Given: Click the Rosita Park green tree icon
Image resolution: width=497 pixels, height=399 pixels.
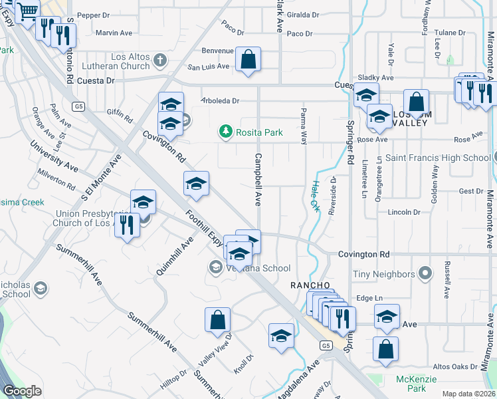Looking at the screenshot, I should click(x=227, y=132).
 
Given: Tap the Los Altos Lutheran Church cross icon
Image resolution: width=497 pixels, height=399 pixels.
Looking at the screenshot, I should click(x=159, y=61).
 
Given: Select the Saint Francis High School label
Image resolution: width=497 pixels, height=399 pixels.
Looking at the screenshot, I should click(x=438, y=158).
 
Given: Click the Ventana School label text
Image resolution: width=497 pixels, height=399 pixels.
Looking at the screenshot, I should click(x=258, y=268).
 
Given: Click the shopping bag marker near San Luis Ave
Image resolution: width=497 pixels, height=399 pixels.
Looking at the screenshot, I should click(x=248, y=59).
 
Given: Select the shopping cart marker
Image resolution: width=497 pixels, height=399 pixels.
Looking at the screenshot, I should click(x=27, y=11).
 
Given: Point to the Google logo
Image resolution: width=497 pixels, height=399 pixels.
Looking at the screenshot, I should click(x=22, y=391).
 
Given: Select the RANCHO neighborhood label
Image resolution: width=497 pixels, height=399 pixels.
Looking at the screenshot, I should click(x=310, y=285).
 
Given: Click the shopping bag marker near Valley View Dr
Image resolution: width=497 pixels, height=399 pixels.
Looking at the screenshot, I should click(x=217, y=319).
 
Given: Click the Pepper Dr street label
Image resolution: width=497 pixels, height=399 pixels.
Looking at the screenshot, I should click(x=93, y=15).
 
